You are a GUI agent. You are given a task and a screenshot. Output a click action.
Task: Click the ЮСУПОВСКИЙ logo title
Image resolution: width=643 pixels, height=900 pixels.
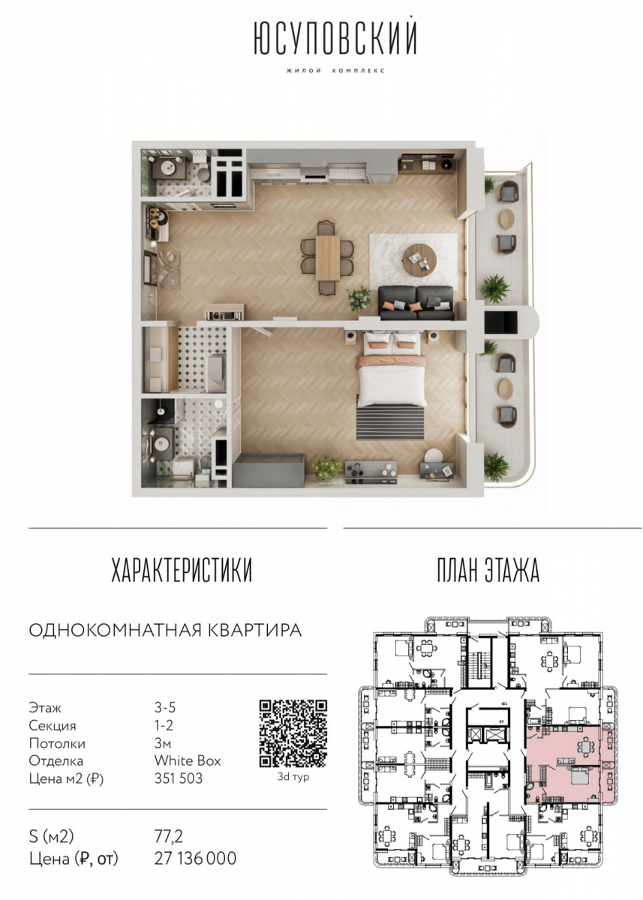pyautogui.click(x=335, y=37)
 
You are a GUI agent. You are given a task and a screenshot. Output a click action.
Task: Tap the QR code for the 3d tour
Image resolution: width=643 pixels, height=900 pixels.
pyautogui.click(x=293, y=733)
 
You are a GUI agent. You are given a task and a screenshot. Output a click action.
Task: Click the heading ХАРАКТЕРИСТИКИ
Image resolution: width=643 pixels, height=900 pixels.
pyautogui.click(x=182, y=569)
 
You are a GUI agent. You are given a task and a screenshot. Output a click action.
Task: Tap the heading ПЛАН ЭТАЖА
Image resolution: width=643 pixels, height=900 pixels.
pyautogui.click(x=488, y=569)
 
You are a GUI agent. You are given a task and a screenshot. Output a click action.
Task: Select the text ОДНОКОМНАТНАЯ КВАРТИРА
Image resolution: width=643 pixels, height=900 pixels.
pyautogui.click(x=165, y=630)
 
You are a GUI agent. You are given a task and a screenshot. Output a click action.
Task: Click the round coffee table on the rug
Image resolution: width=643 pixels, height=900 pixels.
pyautogui.click(x=419, y=260)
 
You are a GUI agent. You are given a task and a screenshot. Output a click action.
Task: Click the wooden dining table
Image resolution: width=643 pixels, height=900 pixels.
pyautogui.click(x=328, y=257)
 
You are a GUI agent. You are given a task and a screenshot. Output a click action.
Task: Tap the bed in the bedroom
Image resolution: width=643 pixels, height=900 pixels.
pyautogui.click(x=392, y=368)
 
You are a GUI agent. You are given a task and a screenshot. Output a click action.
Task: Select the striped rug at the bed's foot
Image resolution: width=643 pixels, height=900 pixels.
pyautogui.click(x=390, y=423)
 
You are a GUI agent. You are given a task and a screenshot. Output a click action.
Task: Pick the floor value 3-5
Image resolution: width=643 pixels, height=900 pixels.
pyautogui.click(x=165, y=707)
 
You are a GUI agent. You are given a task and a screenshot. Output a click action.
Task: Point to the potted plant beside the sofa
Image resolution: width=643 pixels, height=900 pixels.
pyautogui.click(x=360, y=298)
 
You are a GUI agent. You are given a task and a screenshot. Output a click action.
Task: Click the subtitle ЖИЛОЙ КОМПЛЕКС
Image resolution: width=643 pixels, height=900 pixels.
pyautogui.click(x=335, y=70)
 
